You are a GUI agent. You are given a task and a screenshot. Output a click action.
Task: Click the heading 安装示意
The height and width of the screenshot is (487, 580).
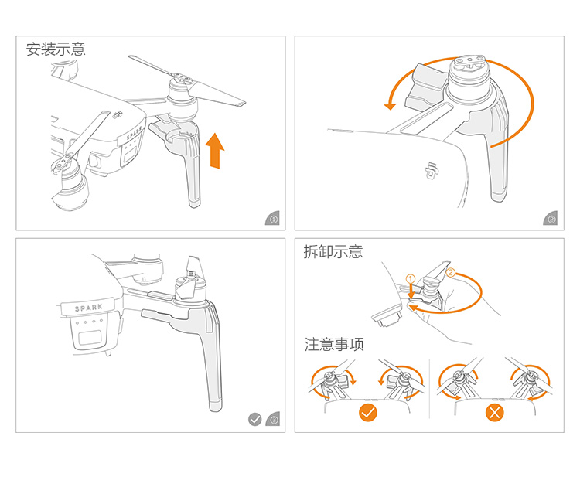coord(56,49)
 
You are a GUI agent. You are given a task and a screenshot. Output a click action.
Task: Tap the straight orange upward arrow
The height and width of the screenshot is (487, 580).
coord(215,150)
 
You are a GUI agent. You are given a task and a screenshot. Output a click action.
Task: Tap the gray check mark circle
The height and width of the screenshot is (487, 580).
coord(254,420)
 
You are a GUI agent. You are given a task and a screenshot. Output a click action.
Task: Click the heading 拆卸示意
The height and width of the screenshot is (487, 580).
coord(333,252)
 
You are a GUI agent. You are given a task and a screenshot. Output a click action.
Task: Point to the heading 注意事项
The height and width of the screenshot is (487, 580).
coord(333,345)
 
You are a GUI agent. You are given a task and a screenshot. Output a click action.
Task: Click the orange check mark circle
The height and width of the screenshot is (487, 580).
coord(369,412)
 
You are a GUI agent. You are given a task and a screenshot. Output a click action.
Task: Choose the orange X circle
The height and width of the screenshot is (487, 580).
coord(494,412)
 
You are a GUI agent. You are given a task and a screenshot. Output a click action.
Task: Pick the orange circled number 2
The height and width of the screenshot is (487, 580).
coord(451,273)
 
